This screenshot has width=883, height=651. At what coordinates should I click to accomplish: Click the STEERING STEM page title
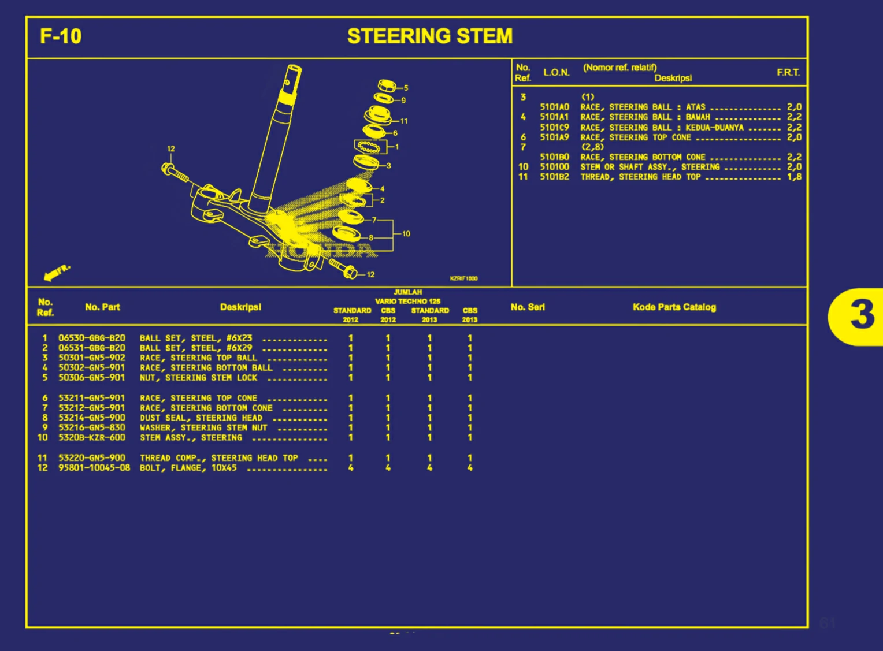[x=429, y=36]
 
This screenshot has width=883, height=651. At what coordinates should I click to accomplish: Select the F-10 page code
[x=61, y=36]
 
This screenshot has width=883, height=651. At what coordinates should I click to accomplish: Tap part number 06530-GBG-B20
[x=91, y=338]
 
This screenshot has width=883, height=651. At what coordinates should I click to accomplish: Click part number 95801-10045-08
[x=94, y=467]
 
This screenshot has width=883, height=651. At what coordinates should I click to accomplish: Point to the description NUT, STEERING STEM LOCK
[x=198, y=378]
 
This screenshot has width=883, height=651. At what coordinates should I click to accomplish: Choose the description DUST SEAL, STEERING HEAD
[x=201, y=418]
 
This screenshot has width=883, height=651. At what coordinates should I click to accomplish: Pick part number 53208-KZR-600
[x=91, y=437]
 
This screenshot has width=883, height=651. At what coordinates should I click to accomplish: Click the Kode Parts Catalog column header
[x=674, y=307]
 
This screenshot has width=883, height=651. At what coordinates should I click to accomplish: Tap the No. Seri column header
[x=527, y=307]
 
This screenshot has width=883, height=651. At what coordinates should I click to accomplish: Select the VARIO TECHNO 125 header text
[x=407, y=301]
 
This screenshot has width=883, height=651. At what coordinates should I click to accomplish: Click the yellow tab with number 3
[x=860, y=315]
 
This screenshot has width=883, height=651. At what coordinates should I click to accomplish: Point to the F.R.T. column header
[x=788, y=72]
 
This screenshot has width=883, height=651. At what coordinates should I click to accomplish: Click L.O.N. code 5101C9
[x=554, y=127]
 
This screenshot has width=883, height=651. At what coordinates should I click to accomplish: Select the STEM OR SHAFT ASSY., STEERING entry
[x=650, y=167]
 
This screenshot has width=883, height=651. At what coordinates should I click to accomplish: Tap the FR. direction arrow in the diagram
[x=57, y=271]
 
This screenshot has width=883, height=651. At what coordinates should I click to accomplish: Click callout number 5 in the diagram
[x=406, y=88]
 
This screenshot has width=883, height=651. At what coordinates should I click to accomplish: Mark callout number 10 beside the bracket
[x=406, y=234]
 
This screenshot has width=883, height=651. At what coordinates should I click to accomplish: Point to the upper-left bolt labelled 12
[x=173, y=172]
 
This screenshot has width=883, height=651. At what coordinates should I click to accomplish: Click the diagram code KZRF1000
[x=463, y=278]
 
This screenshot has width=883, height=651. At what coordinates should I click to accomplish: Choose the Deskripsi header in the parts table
[x=240, y=307]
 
